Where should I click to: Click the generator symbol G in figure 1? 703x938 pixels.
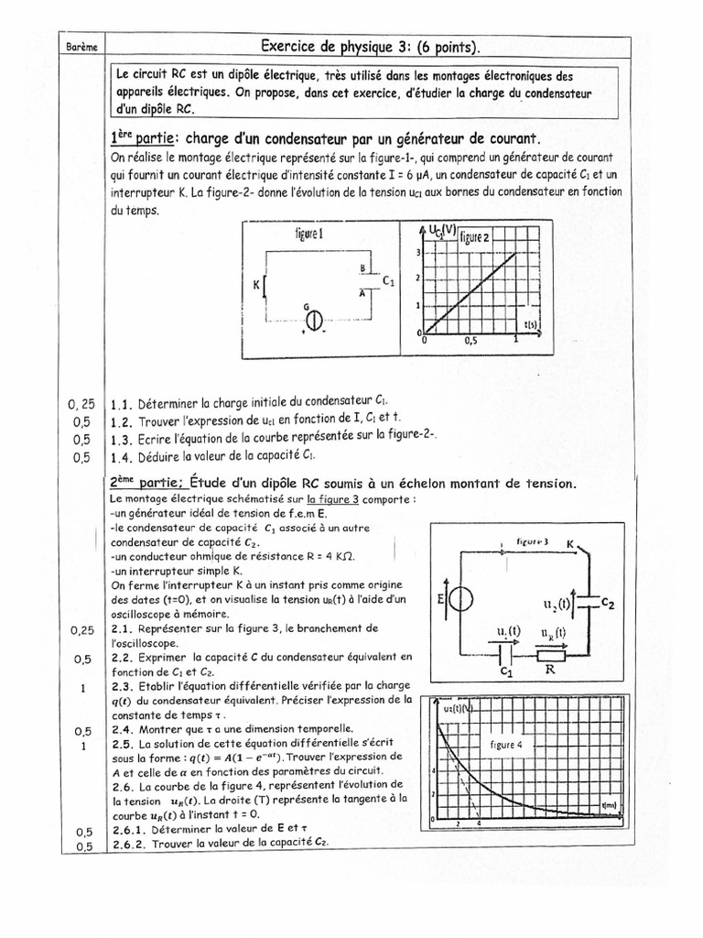(x=314, y=321)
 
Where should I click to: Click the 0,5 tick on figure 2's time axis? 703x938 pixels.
(x=470, y=340)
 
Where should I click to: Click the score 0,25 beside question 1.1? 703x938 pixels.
(x=82, y=403)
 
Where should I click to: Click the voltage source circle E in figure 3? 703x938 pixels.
(x=461, y=600)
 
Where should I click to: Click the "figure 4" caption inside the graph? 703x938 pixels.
(x=504, y=745)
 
